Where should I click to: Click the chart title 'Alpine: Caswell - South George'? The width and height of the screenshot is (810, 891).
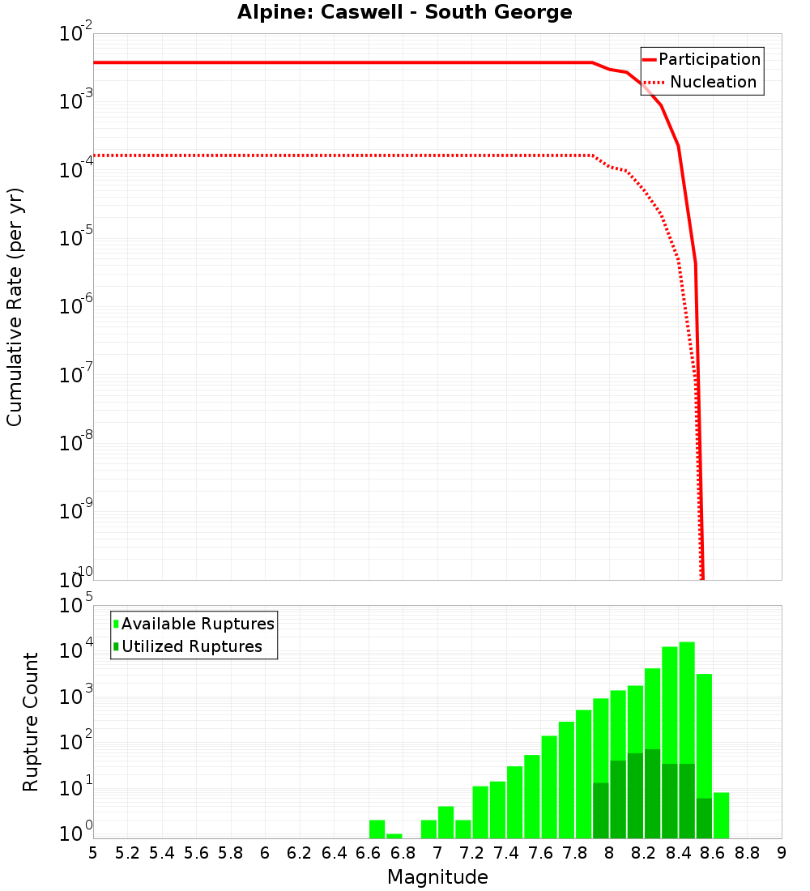404,13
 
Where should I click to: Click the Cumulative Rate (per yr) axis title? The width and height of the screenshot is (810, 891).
15,307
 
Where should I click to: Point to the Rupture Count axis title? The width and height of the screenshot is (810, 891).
31,722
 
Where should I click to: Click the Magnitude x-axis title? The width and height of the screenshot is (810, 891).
437,877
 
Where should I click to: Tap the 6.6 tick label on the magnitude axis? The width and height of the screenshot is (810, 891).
369,853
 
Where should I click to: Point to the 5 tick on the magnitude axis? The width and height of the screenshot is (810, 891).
93,853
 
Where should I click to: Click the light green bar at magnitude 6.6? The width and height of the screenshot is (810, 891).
377,829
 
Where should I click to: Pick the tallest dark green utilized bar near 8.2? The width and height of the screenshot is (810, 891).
652,794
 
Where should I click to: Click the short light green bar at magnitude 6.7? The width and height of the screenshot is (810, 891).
394,836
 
